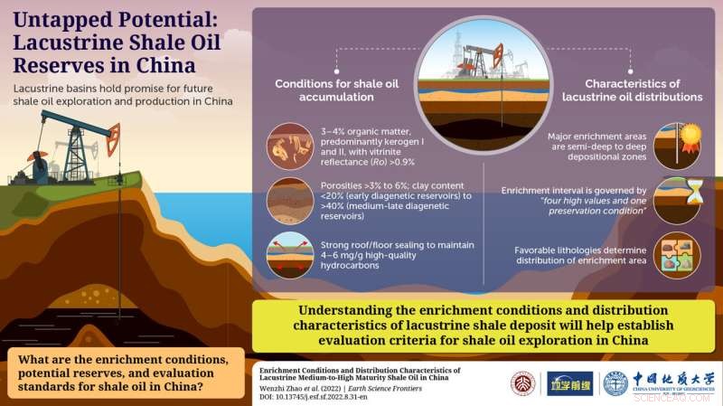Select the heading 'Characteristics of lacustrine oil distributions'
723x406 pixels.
click(620, 90)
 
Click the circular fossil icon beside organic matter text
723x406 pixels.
click(290, 145)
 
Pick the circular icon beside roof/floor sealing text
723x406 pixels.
click(290, 255)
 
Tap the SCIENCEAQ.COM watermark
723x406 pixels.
click(690, 398)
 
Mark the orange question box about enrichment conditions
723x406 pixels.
click(122, 374)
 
